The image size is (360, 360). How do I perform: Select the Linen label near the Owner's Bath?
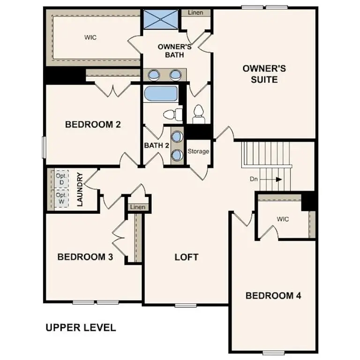tap(195, 13)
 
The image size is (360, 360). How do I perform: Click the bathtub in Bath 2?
tap(160, 94)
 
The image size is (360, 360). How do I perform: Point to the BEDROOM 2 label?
tap(93, 125)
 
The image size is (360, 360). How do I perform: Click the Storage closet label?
tap(198, 152)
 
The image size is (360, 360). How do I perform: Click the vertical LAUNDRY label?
tap(80, 189)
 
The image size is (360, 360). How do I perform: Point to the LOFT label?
tap(187, 257)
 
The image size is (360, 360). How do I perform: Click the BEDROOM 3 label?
tap(85, 257)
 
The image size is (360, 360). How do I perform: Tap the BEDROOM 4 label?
tap(273, 296)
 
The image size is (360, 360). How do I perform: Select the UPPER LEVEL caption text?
tap(81, 328)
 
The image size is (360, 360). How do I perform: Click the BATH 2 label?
tap(157, 145)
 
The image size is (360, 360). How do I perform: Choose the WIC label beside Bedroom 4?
tap(283, 219)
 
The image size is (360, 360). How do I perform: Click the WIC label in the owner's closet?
tap(90, 37)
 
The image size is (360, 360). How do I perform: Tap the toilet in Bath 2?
tap(172, 113)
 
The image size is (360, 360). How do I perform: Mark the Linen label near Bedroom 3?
tap(138, 207)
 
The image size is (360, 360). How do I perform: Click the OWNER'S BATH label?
tap(174, 51)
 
